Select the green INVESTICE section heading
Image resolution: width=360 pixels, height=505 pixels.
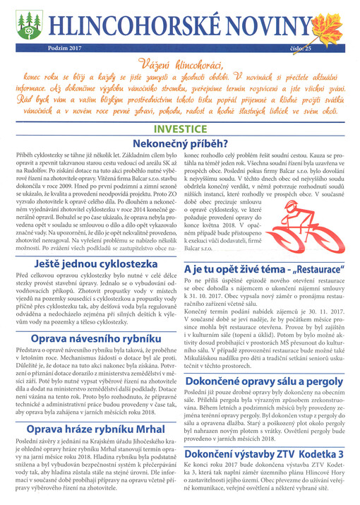(180, 129)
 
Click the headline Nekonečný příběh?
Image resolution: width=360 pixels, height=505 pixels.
(179, 143)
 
